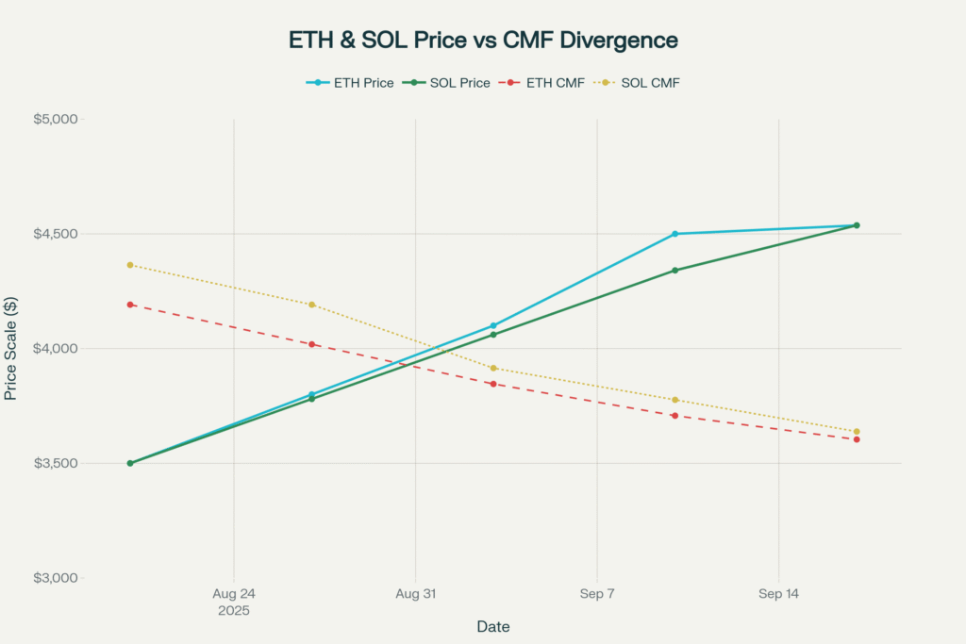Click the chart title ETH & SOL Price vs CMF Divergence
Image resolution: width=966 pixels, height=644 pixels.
483,41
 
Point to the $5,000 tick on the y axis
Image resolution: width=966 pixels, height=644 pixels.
59,120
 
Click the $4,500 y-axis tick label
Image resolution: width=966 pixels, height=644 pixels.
59,234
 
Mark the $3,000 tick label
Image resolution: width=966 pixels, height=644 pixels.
59,578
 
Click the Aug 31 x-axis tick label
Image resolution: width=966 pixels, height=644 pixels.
415,595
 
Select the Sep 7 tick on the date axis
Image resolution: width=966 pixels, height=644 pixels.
597,595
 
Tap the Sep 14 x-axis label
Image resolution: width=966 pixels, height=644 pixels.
778,595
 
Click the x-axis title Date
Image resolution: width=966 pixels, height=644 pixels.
493,626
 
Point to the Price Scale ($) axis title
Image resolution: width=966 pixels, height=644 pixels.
11,348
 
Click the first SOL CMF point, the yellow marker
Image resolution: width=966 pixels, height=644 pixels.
130,265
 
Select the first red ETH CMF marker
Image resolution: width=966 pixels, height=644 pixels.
130,305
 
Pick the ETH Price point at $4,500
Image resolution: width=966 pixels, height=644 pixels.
675,234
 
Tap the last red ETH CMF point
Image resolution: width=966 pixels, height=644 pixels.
857,439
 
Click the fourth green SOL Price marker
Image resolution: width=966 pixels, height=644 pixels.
675,271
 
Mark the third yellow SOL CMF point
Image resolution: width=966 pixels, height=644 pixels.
493,368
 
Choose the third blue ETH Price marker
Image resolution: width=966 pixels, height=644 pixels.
493,325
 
